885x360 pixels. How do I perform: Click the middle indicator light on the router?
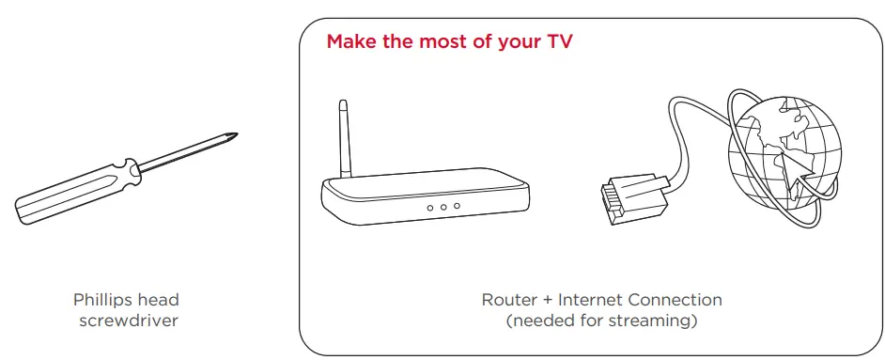point(442,206)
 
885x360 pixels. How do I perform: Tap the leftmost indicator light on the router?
point(428,206)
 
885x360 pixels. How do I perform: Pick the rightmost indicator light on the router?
point(457,206)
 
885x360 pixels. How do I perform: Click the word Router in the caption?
point(508,300)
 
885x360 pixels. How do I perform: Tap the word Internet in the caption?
point(592,300)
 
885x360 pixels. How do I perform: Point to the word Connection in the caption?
point(676,300)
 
